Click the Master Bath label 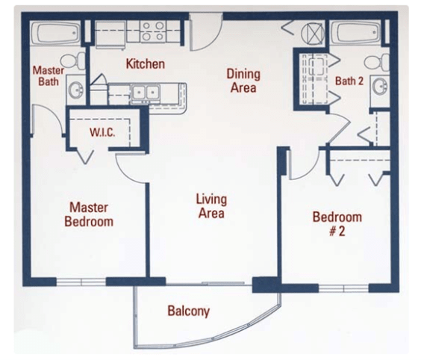(x=48, y=75)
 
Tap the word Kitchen (x=145, y=64)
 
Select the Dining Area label (x=243, y=81)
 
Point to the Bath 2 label (x=349, y=81)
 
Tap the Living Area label (x=211, y=207)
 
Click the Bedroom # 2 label (x=337, y=223)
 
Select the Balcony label (x=188, y=311)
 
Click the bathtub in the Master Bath (x=57, y=34)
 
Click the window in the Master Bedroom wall (x=82, y=282)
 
